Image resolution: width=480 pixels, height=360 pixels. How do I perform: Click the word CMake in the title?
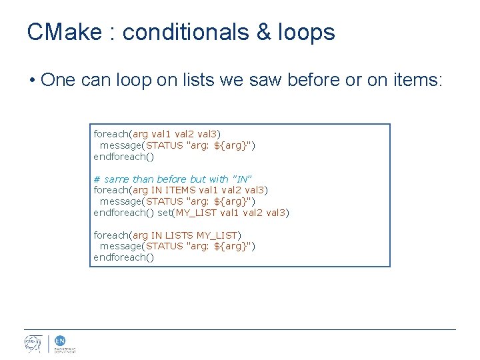pos(65,31)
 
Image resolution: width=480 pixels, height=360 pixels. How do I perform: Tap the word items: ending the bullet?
pos(415,81)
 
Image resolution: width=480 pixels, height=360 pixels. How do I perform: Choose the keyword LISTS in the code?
pos(179,235)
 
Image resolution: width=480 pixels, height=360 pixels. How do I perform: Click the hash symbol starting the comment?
pos(97,179)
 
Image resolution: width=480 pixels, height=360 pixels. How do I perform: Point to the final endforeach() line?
pos(123,257)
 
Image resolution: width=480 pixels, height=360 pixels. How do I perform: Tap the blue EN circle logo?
pos(59,341)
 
